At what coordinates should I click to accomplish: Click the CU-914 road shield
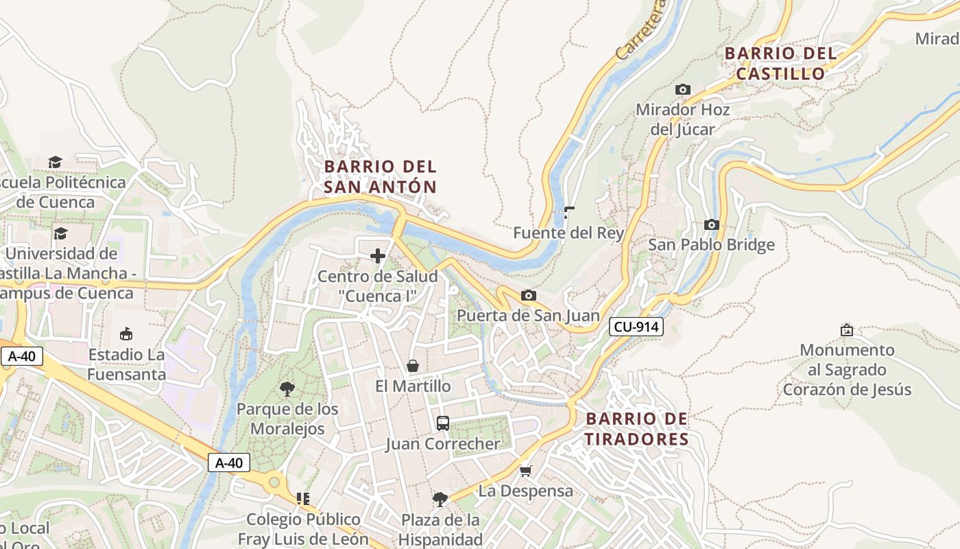pyautogui.click(x=636, y=327)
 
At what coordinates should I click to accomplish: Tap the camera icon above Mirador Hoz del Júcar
pyautogui.click(x=682, y=89)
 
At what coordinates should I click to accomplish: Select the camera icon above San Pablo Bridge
pyautogui.click(x=711, y=224)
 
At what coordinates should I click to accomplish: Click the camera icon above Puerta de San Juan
pyautogui.click(x=528, y=295)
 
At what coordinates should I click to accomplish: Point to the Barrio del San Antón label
pyautogui.click(x=380, y=176)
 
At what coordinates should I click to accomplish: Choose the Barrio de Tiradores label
pyautogui.click(x=637, y=429)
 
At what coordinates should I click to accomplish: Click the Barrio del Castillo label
pyautogui.click(x=780, y=63)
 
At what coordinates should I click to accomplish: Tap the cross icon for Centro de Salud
pyautogui.click(x=377, y=256)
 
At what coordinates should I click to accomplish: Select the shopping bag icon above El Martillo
pyautogui.click(x=413, y=366)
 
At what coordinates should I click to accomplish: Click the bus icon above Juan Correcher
pyautogui.click(x=443, y=423)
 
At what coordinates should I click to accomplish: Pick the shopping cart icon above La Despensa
pyautogui.click(x=525, y=471)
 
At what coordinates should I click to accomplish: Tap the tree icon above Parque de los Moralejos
pyautogui.click(x=287, y=389)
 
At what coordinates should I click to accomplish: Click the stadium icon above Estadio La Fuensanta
pyautogui.click(x=126, y=334)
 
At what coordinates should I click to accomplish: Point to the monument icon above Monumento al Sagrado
pyautogui.click(x=847, y=330)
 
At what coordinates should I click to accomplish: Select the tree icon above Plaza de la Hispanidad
pyautogui.click(x=440, y=499)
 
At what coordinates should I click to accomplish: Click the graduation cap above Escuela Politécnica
pyautogui.click(x=55, y=162)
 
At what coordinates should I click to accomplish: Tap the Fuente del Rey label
pyautogui.click(x=568, y=233)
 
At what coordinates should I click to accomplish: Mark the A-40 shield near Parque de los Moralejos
pyautogui.click(x=229, y=463)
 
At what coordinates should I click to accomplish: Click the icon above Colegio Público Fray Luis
pyautogui.click(x=303, y=499)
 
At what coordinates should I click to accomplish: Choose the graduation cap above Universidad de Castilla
pyautogui.click(x=60, y=233)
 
